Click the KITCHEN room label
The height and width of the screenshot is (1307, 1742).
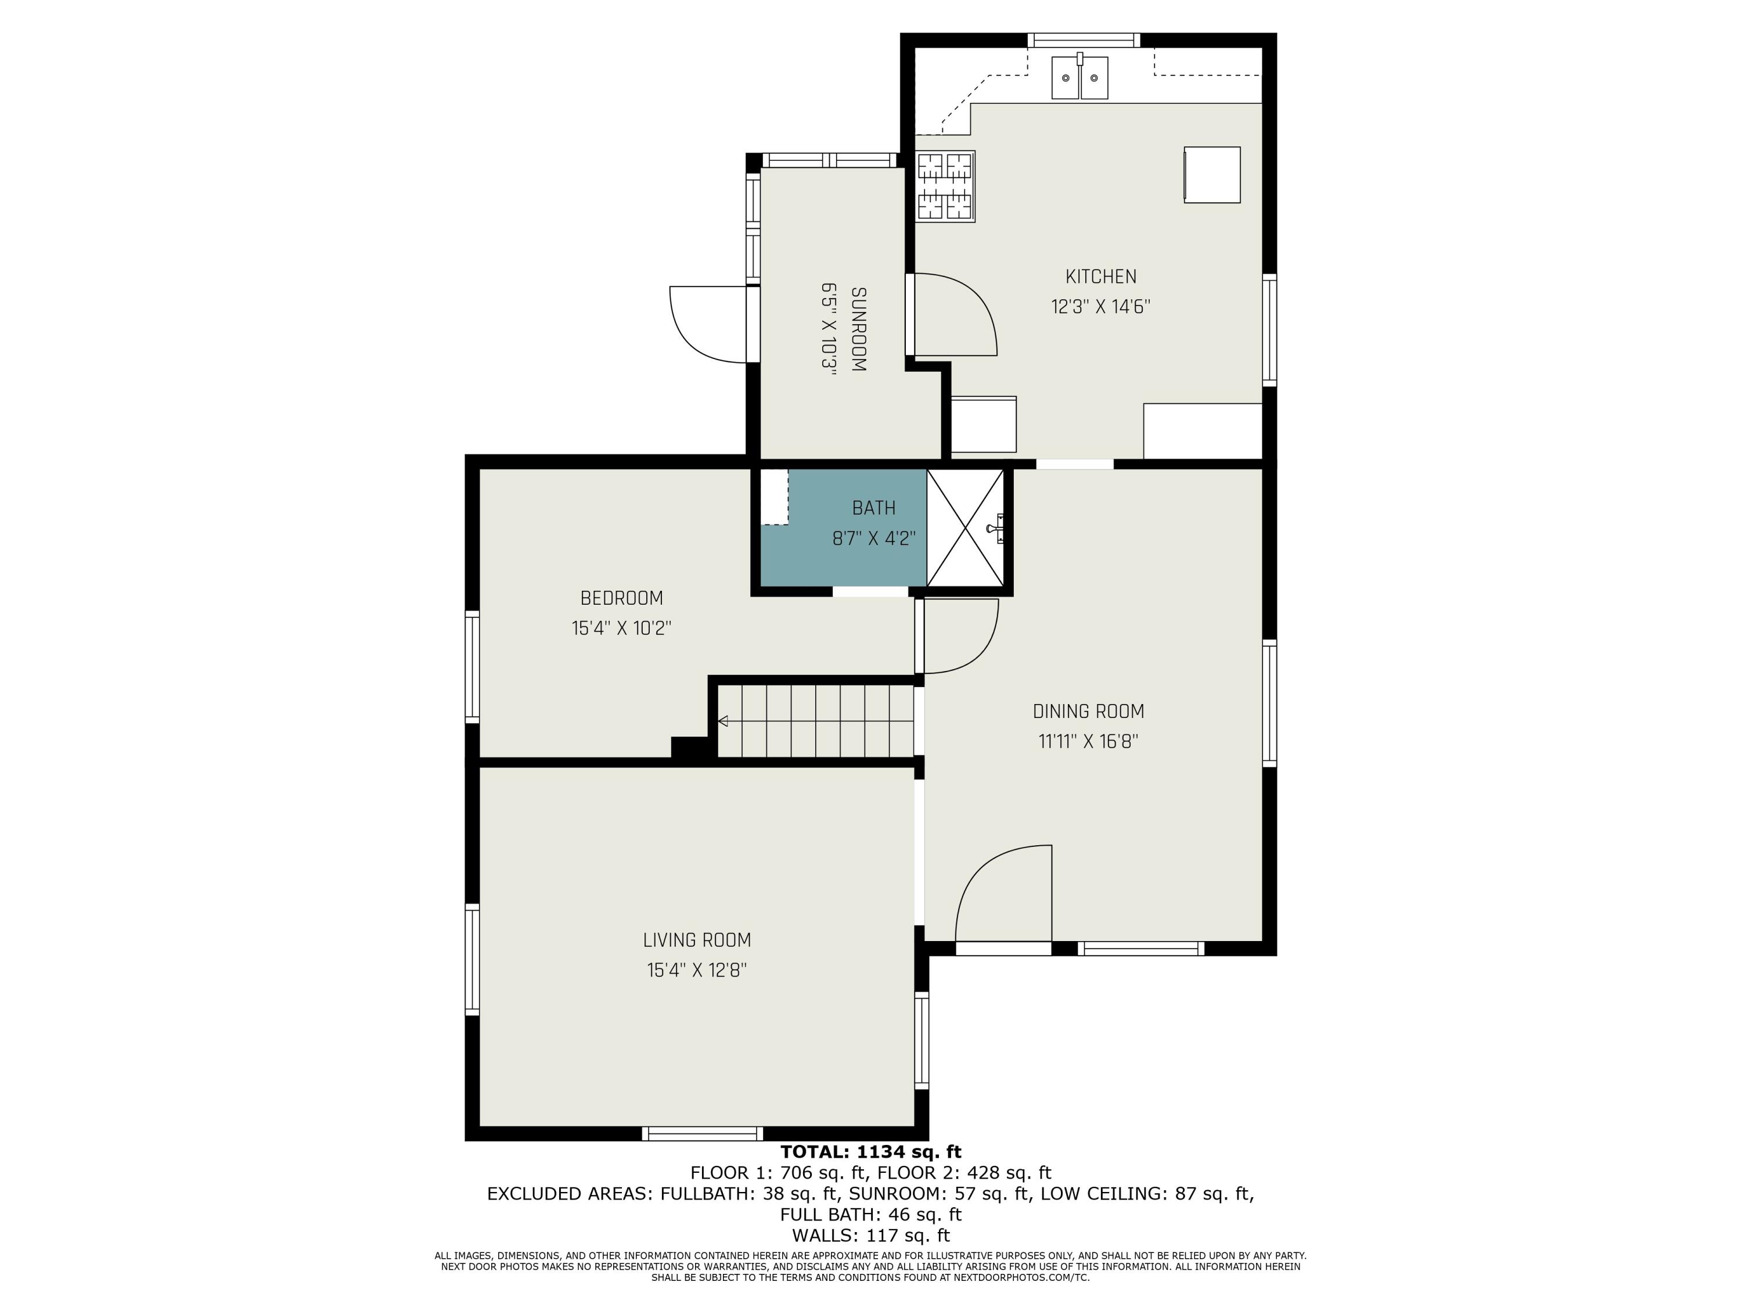pos(1100,277)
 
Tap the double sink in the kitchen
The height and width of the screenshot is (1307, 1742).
pos(1079,78)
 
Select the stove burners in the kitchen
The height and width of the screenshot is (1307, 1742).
pos(945,186)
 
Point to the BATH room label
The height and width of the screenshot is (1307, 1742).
pos(873,508)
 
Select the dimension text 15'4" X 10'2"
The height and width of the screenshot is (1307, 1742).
pos(621,628)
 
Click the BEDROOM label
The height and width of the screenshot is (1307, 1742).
pos(621,598)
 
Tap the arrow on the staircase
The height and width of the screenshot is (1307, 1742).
pos(723,721)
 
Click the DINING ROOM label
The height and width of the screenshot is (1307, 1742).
pos(1088,712)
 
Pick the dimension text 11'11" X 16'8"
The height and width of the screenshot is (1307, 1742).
pos(1088,741)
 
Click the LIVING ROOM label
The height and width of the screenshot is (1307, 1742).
pos(697,940)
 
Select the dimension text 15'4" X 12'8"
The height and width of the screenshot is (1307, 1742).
pos(697,970)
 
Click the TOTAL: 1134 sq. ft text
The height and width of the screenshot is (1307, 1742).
pos(870,1152)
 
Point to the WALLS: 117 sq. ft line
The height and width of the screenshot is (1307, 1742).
pos(870,1236)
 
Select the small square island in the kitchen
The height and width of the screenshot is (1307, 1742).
pos(1211,175)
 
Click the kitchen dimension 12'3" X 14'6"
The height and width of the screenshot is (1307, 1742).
pos(1100,307)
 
